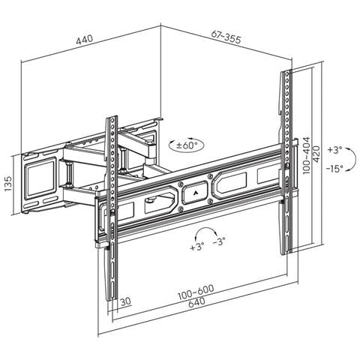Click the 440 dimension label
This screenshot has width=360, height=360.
pos(85,40)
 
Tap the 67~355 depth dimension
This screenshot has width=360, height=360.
pos(226,37)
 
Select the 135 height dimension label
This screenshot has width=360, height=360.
pos(8,184)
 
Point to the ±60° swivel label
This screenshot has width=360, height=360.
pos(187,145)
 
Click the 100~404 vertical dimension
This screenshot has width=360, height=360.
pos(306,155)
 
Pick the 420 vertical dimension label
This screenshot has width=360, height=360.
pos(316,154)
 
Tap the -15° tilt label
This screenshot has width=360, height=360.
pos(334,169)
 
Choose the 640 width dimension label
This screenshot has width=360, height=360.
pos(196,302)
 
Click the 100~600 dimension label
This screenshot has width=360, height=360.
pos(196,292)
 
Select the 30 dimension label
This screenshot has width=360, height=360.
pos(126,301)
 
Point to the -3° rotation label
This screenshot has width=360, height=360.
pos(219,241)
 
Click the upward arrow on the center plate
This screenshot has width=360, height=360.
pos(195,193)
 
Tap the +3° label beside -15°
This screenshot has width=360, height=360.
pos(334,150)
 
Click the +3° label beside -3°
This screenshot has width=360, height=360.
pos(197,247)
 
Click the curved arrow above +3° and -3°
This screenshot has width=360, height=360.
pos(205,228)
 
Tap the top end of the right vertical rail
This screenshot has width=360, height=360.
pos(286,71)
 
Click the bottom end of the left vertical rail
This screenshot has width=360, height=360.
pos(112,299)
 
